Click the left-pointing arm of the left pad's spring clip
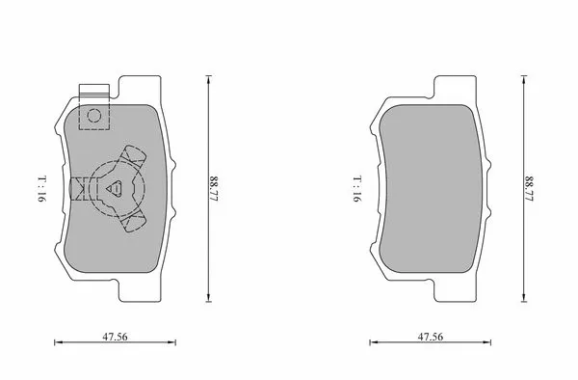coord(78,187)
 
